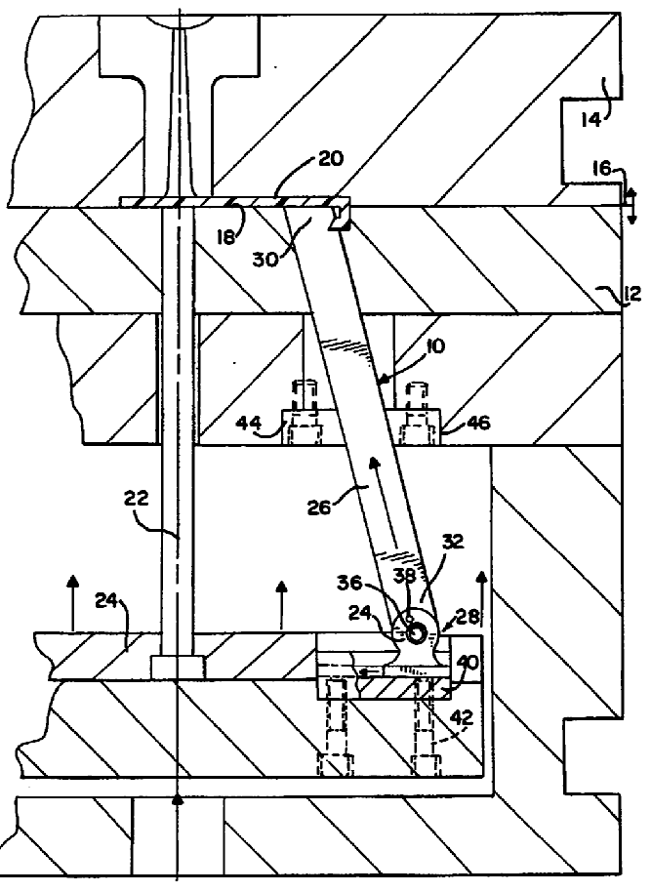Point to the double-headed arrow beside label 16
[631, 206]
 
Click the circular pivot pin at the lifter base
[417, 633]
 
